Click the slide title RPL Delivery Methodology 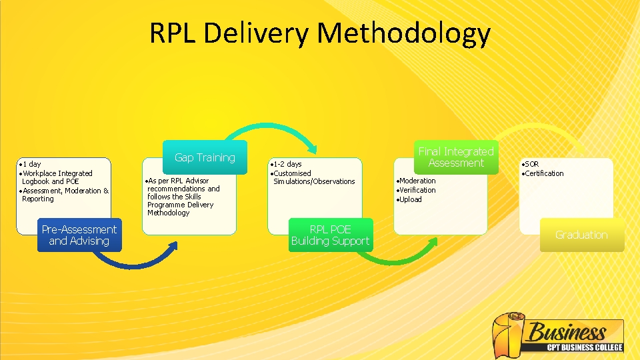(x=320, y=33)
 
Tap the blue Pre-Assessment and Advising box (x=80, y=235)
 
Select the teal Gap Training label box (x=205, y=157)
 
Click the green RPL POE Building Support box (x=330, y=235)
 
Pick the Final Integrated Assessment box (x=456, y=157)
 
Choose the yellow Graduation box (x=581, y=235)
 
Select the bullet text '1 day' (x=31, y=164)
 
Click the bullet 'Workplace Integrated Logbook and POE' (x=57, y=177)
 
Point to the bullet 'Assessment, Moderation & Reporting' (x=65, y=195)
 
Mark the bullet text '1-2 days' (x=287, y=164)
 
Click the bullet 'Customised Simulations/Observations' (x=313, y=177)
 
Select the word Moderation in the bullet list (x=417, y=181)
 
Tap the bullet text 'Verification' (x=417, y=190)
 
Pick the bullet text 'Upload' (x=411, y=199)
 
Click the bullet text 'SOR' (x=531, y=164)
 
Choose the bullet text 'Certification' (x=544, y=173)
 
